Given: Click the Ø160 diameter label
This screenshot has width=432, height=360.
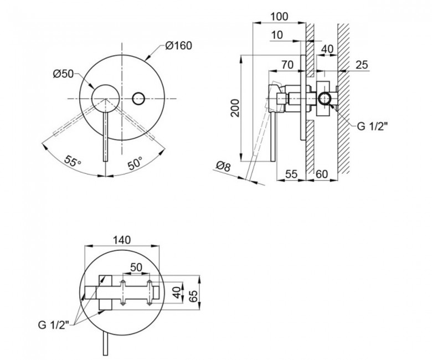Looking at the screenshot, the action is (x=179, y=46).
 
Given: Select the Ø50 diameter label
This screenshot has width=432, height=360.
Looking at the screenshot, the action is (x=63, y=74).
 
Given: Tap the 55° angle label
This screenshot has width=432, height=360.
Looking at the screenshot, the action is (x=73, y=161).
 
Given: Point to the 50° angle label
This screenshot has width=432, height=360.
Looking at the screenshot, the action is (x=135, y=163).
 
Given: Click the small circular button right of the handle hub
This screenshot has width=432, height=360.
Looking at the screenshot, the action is (x=138, y=99).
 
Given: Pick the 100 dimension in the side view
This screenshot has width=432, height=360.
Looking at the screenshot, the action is (x=279, y=17).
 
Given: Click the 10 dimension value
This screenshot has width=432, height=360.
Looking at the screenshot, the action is (x=277, y=35).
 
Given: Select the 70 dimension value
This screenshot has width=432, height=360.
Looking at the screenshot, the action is (x=287, y=65).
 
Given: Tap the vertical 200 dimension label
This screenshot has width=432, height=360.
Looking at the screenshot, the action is (x=235, y=108).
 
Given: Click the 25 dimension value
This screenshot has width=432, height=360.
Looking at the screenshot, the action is (x=362, y=65).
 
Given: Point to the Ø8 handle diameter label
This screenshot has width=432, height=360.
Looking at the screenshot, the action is (x=223, y=167).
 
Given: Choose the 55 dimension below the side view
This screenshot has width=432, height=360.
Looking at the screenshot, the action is (x=291, y=174).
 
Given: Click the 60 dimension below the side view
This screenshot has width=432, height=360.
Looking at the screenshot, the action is (x=322, y=174).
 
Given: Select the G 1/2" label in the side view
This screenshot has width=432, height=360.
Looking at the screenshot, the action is (x=373, y=126).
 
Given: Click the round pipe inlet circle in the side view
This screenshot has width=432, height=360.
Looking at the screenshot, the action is (x=325, y=99).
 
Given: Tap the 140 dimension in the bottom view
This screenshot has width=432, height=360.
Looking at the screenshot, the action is (x=122, y=240).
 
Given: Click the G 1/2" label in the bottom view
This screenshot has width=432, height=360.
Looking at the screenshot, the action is (x=54, y=325).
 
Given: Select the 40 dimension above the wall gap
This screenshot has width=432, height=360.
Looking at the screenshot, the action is (x=327, y=49).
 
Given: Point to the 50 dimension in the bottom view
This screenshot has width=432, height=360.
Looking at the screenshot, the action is (x=136, y=267).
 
